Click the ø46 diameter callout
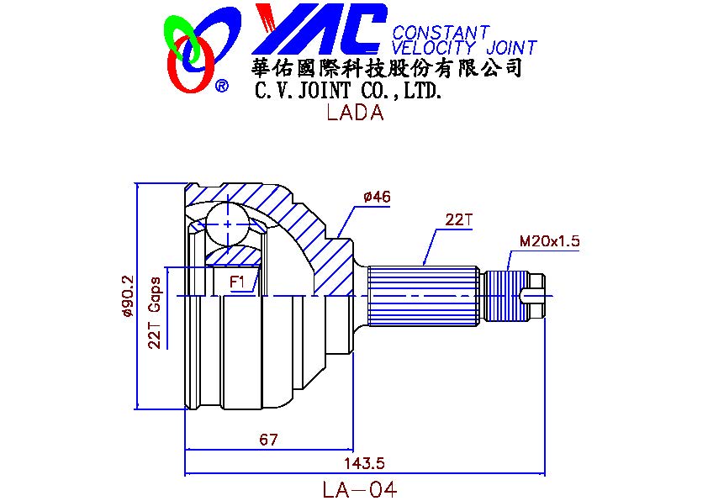[377, 198]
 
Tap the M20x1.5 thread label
[549, 241]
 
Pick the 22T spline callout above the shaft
[460, 220]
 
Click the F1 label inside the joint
[238, 282]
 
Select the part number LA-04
[358, 488]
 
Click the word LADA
[354, 113]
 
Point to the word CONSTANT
[441, 33]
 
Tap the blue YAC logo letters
[320, 29]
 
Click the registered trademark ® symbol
[221, 86]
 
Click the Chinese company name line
[388, 68]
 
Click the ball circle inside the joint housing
[228, 221]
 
